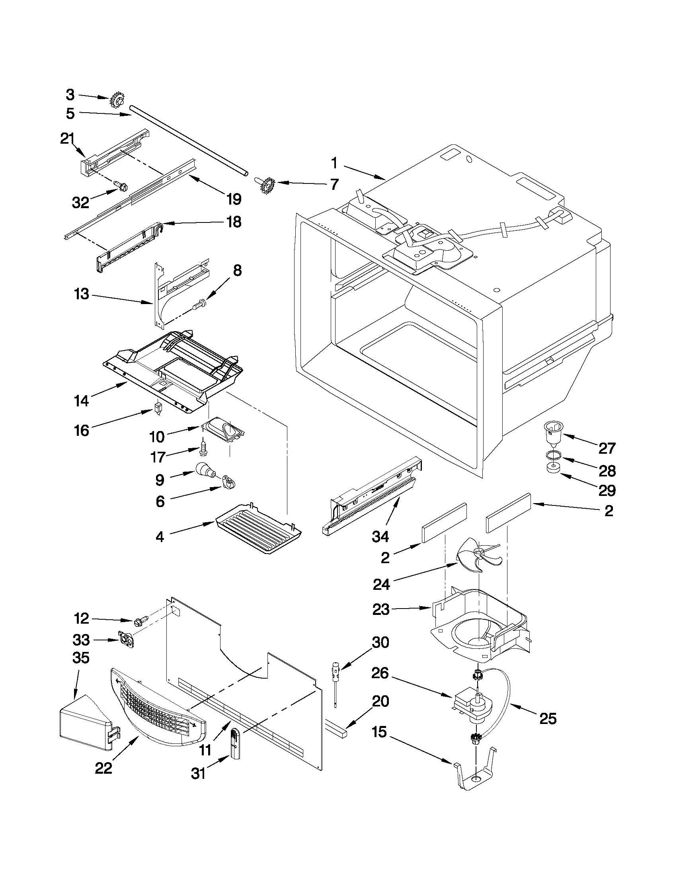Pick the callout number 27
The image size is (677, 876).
pyautogui.click(x=607, y=448)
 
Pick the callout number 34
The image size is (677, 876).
pyautogui.click(x=380, y=536)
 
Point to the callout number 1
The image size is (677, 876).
pyautogui.click(x=334, y=163)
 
